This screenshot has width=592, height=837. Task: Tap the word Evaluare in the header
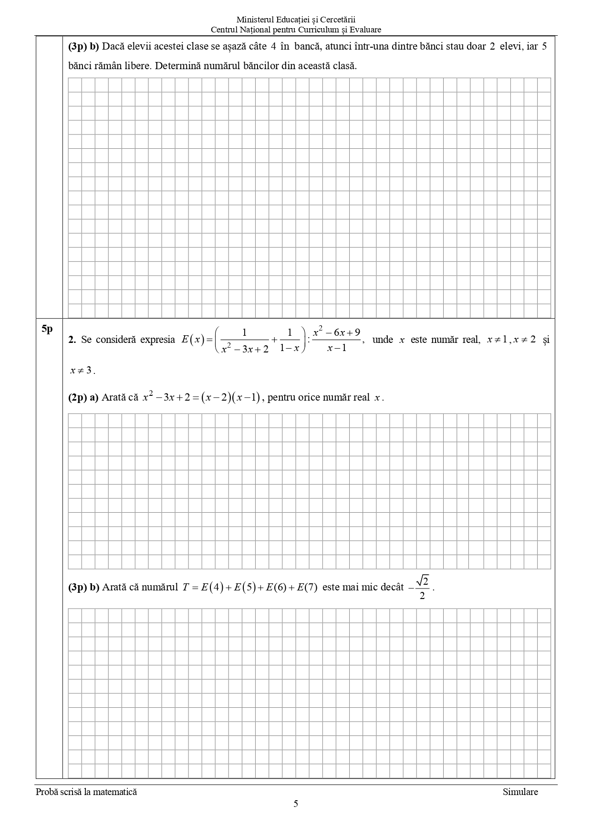tap(365, 30)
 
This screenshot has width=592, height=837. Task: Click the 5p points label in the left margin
tap(47, 329)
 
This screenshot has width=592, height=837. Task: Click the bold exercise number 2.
tap(72, 340)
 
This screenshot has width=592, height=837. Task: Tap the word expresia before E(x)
tap(157, 340)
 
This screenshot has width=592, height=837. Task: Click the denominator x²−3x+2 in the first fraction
tap(245, 349)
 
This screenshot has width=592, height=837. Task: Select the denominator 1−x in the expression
tap(290, 348)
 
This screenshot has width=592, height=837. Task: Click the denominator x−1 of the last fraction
tap(337, 348)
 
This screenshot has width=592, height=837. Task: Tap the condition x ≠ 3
tap(81, 370)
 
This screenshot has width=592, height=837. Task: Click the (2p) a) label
tap(83, 397)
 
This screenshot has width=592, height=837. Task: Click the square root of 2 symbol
tap(422, 580)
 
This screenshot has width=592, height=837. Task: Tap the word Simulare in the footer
tap(520, 792)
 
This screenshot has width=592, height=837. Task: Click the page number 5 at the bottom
tap(296, 804)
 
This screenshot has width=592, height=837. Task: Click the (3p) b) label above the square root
tap(83, 587)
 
